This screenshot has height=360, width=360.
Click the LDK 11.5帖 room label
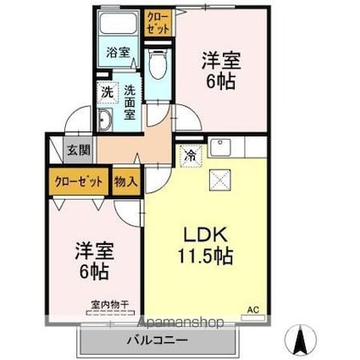coord(203,244)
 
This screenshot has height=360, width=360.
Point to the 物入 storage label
coord(126,181)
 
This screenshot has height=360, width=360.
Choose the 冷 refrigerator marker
coord(190,156)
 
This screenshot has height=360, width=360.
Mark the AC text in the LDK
coord(252,308)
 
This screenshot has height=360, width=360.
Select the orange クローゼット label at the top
coord(158,21)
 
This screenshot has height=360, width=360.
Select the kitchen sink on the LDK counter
coord(216,144)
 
